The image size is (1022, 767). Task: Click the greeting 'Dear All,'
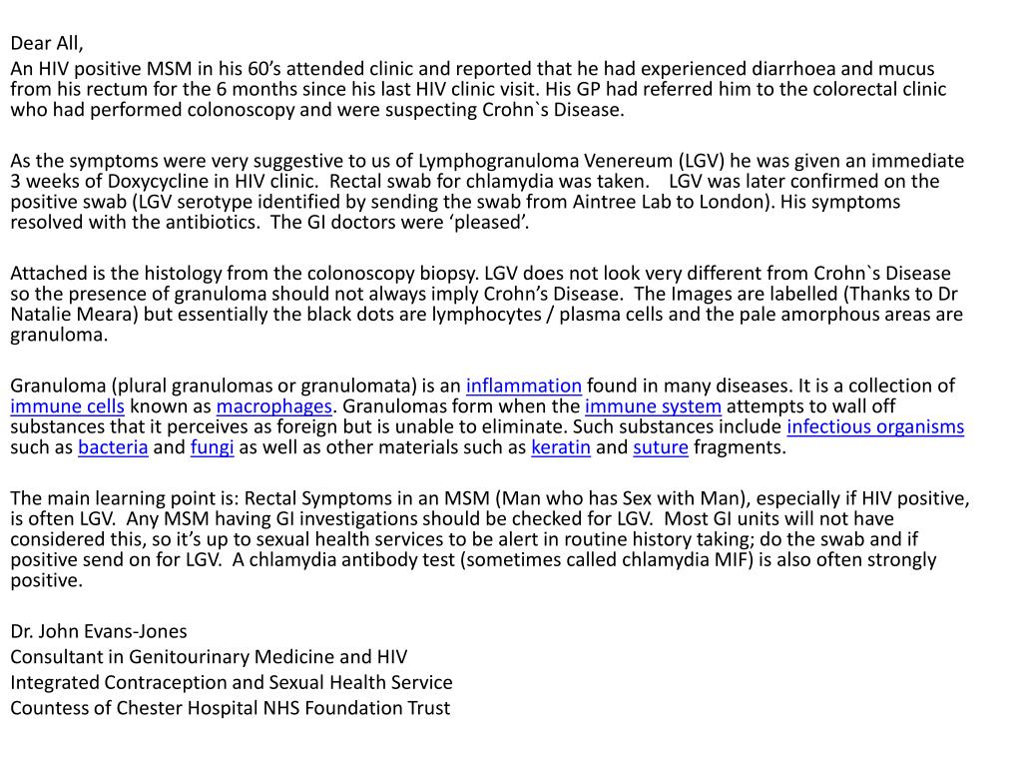(x=47, y=43)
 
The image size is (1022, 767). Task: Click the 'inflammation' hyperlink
(x=523, y=385)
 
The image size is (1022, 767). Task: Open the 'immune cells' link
(x=67, y=406)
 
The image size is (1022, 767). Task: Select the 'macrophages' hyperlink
(x=273, y=406)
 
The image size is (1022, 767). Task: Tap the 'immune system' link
(x=653, y=406)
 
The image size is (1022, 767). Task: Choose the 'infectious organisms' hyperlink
(x=875, y=427)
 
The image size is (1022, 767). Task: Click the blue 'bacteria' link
(x=113, y=447)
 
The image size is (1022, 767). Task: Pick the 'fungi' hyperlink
(x=212, y=447)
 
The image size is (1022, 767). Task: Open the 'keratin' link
(x=561, y=447)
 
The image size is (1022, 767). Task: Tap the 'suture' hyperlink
(x=661, y=447)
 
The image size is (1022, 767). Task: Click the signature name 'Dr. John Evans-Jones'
(x=99, y=631)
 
